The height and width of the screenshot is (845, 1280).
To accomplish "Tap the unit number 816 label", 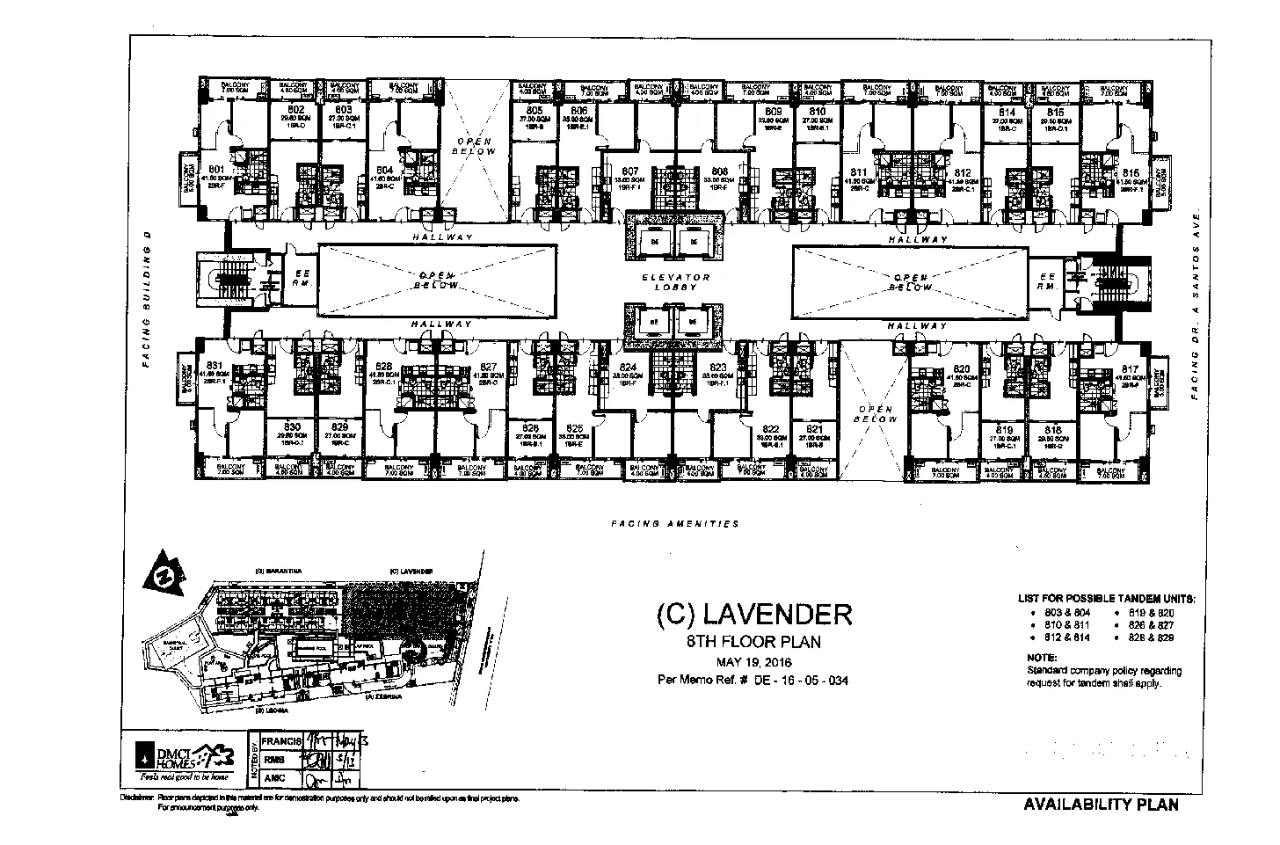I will coord(1131,174).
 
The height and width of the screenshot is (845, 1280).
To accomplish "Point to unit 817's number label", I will coord(1131,369).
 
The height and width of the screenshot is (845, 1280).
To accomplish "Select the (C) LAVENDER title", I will coord(754,613).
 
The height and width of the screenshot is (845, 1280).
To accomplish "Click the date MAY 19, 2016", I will coord(754,661).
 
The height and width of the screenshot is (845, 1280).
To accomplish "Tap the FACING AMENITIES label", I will coord(675,523).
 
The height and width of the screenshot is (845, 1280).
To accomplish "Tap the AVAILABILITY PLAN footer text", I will coord(1101,805).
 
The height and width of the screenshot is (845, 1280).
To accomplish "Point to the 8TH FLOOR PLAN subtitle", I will coord(754,641).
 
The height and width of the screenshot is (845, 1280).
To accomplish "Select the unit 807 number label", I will coord(629,171).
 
